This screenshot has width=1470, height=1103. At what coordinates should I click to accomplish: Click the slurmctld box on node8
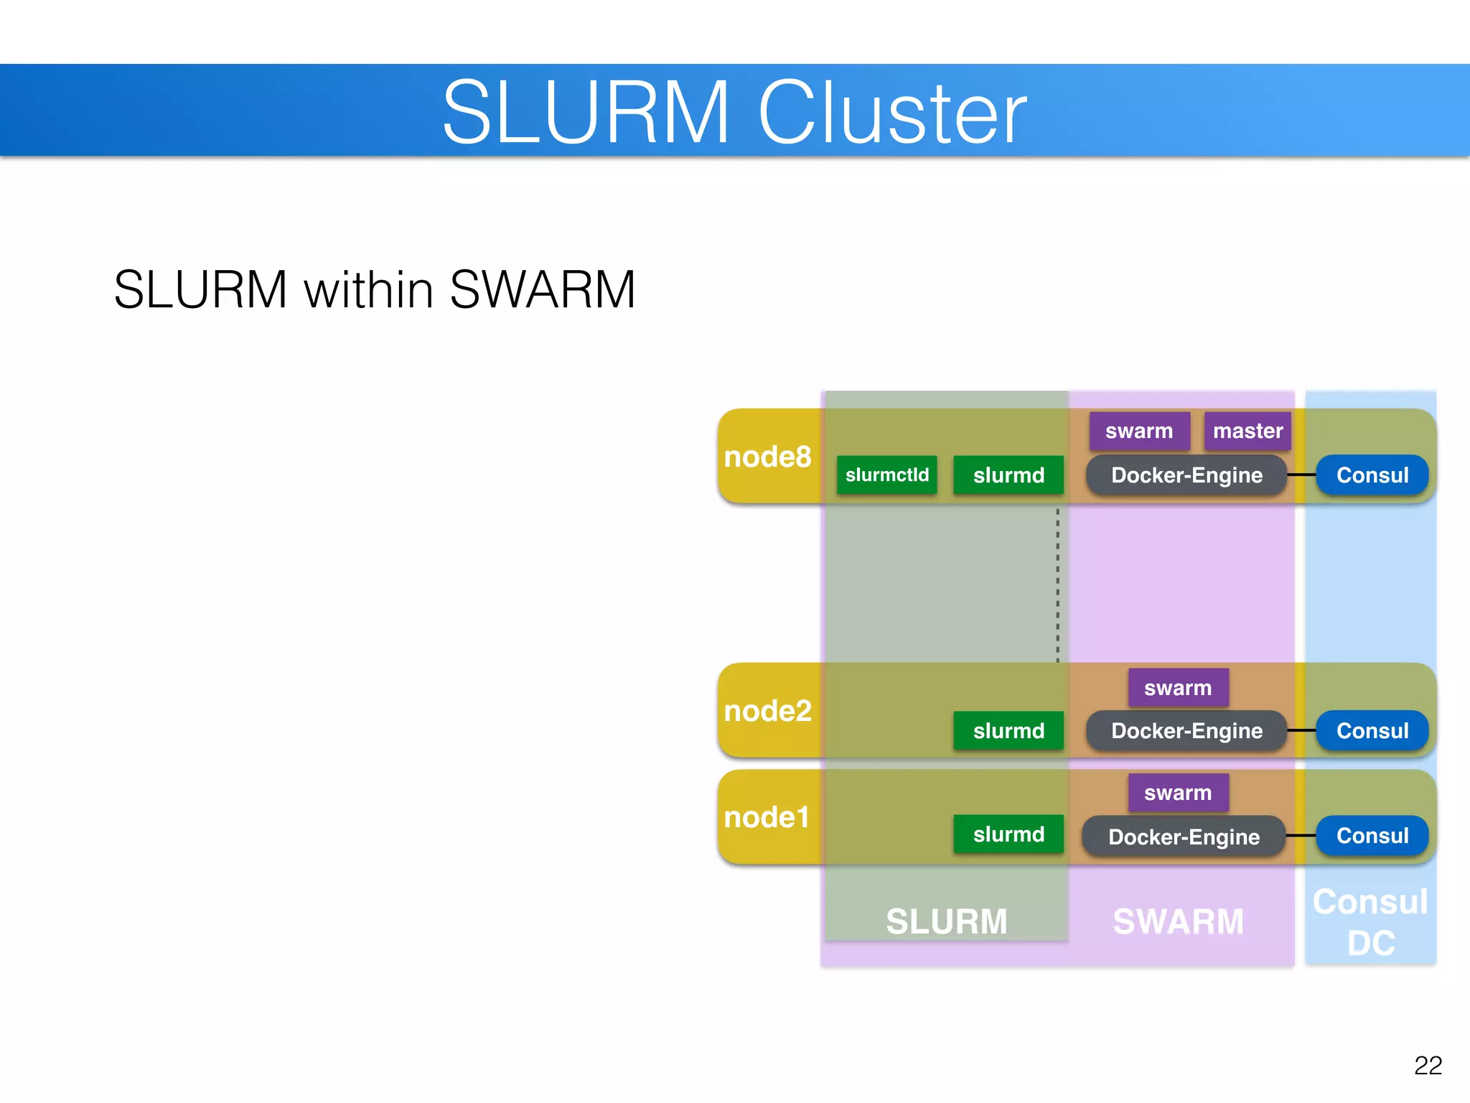(x=886, y=475)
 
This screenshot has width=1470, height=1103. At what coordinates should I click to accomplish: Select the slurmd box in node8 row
(x=1008, y=475)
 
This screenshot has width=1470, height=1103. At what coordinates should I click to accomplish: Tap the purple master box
(x=1247, y=431)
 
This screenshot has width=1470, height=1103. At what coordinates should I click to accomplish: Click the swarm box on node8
(x=1139, y=431)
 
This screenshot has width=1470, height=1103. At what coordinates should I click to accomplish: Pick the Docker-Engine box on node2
(x=1186, y=731)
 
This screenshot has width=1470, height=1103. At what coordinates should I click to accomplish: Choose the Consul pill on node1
(x=1372, y=836)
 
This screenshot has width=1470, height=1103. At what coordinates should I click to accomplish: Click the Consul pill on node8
(x=1372, y=475)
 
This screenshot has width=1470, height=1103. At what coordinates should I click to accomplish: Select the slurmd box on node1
(x=1008, y=834)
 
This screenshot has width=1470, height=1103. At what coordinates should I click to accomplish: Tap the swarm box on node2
(x=1178, y=688)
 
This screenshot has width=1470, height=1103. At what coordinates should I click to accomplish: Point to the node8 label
(x=767, y=457)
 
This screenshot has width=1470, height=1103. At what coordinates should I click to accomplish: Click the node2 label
(x=767, y=711)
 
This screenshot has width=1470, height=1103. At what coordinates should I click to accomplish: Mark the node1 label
(x=767, y=817)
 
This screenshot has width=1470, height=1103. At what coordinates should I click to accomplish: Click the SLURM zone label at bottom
(x=947, y=921)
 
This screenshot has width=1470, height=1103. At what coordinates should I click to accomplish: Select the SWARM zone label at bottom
(x=1178, y=921)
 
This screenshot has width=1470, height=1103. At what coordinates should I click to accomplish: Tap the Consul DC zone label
(x=1370, y=922)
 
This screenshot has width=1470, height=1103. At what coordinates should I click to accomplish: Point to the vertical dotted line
(x=1057, y=585)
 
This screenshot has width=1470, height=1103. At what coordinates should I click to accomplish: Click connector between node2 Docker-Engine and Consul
(x=1301, y=730)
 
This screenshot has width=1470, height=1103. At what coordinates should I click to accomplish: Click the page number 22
(x=1428, y=1065)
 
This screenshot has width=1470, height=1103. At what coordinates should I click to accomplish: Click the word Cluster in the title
(x=892, y=113)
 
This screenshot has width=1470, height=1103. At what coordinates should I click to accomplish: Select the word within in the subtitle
(x=369, y=289)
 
